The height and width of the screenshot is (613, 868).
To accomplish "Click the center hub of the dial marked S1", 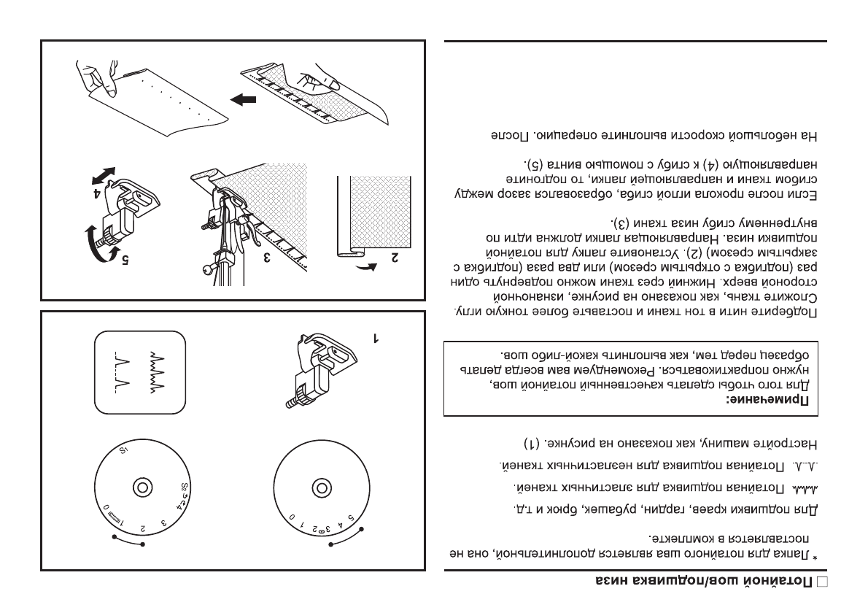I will pos(136,487).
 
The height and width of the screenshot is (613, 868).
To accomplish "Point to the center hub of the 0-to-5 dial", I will pos(318,487).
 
